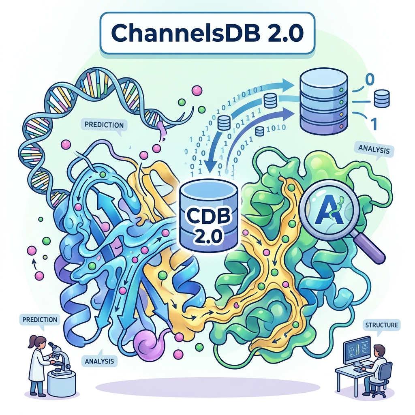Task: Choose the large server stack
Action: coord(323,103)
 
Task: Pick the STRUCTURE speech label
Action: coord(381,325)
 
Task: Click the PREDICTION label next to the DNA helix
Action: coord(104,124)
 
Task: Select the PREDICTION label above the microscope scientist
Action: coord(39,319)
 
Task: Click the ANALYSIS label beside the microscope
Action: coord(100,361)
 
